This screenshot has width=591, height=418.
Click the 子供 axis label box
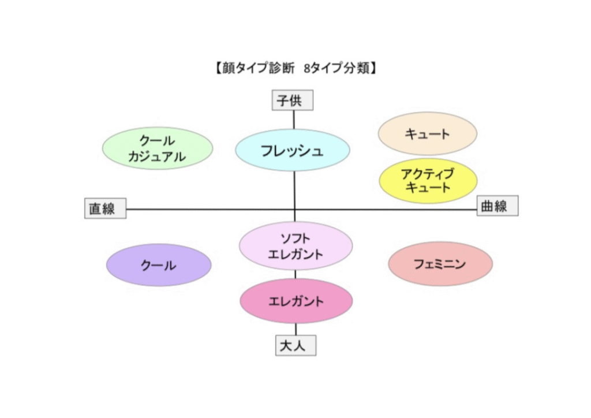(x=293, y=100)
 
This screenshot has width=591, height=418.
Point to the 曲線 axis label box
(x=497, y=206)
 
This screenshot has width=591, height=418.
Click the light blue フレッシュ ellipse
(x=293, y=150)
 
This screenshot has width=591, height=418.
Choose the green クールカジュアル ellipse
(x=158, y=148)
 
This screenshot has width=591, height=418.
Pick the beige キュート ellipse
(x=427, y=134)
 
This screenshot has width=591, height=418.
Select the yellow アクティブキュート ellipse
(x=428, y=181)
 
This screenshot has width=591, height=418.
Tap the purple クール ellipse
(x=159, y=265)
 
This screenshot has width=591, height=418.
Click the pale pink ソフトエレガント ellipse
(x=295, y=246)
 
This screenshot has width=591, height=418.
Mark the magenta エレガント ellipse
(x=295, y=301)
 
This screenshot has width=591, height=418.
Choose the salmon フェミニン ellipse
(x=440, y=264)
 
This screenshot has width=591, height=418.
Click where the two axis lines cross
(x=295, y=209)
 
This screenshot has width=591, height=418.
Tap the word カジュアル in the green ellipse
(x=158, y=156)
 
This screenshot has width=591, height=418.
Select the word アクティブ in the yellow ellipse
(x=428, y=173)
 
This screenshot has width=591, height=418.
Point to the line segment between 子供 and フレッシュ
(x=294, y=120)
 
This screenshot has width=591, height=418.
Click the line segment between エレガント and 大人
(x=296, y=329)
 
